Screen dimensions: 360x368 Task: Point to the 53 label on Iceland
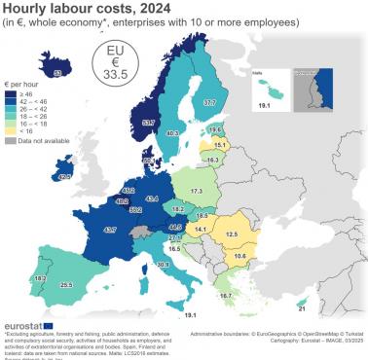pyautogui.click(x=57, y=72)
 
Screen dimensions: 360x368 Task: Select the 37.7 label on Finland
pyautogui.click(x=209, y=102)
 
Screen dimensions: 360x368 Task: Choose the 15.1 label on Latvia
pyautogui.click(x=219, y=145)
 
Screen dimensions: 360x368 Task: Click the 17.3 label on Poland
pyautogui.click(x=198, y=191)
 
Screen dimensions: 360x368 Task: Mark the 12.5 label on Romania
pyautogui.click(x=232, y=234)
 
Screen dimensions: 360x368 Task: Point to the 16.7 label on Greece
pyautogui.click(x=226, y=295)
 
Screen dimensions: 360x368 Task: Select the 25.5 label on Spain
pyautogui.click(x=66, y=285)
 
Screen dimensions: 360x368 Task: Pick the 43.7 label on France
pyautogui.click(x=110, y=230)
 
